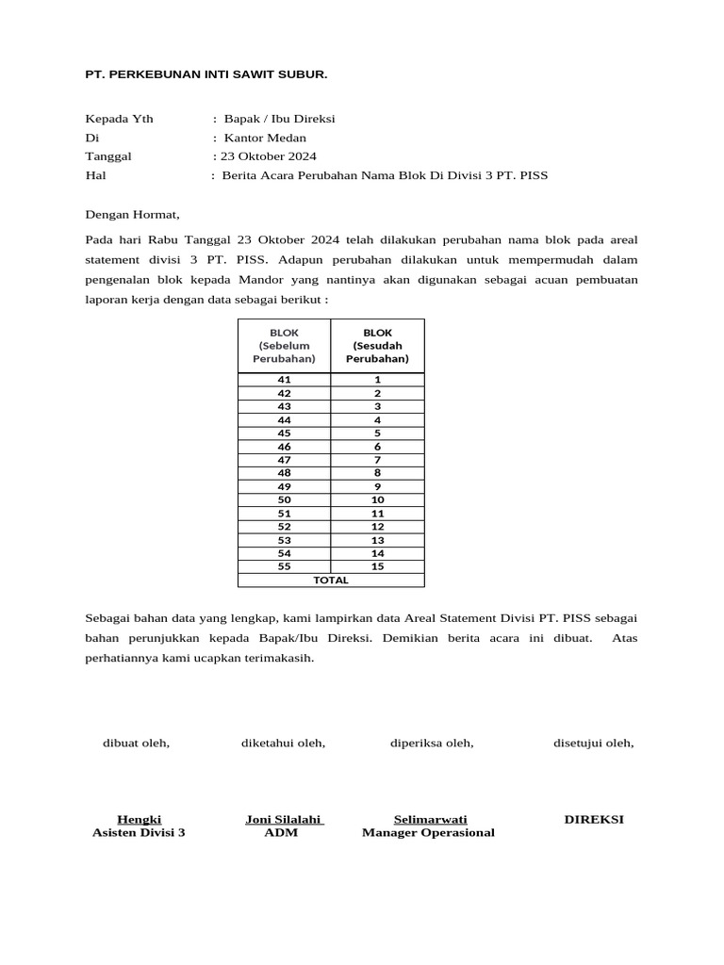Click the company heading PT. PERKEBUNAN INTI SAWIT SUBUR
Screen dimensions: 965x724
(x=206, y=74)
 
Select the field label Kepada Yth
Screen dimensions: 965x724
(x=120, y=119)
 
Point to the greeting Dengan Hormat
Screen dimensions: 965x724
(x=132, y=215)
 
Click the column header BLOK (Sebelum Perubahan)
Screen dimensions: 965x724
(x=284, y=346)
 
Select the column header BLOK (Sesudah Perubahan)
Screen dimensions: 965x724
(x=377, y=346)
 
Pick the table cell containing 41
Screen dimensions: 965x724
(x=284, y=380)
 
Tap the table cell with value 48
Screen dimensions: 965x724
(x=284, y=473)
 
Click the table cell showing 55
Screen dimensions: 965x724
(x=284, y=566)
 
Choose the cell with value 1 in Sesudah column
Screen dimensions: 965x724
(x=377, y=380)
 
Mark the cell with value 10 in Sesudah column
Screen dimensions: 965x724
(x=377, y=499)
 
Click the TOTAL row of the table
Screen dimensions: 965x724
(x=331, y=581)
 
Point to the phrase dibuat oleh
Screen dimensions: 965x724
(x=136, y=744)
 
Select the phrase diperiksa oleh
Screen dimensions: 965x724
(x=432, y=744)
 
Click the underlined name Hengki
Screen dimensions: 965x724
(x=139, y=819)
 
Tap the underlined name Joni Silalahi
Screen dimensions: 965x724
(x=283, y=819)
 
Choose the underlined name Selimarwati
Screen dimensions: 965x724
(x=430, y=819)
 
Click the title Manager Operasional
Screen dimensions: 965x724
(x=428, y=833)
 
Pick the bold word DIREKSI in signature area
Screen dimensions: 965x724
(x=594, y=819)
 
